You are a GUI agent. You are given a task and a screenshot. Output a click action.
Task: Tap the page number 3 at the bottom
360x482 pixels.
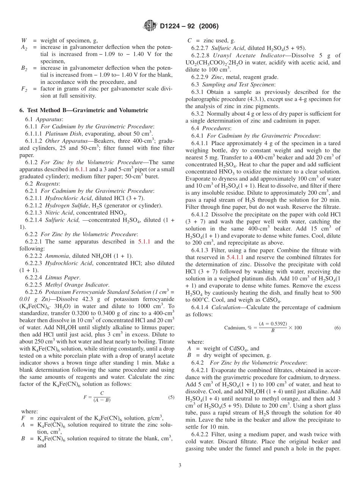(x=180, y=466)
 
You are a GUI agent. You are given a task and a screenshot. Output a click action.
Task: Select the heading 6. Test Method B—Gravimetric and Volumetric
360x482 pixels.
(x=83, y=110)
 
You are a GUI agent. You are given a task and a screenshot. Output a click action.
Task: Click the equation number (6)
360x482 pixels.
(x=337, y=328)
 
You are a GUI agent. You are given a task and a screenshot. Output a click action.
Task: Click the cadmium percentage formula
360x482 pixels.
(x=263, y=327)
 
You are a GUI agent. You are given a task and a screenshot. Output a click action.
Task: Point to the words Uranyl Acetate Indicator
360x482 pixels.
(x=245, y=55)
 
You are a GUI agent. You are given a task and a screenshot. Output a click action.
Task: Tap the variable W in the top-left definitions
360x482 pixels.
(x=23, y=40)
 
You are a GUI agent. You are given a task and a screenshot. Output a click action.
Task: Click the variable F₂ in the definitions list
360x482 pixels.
(x=23, y=89)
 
